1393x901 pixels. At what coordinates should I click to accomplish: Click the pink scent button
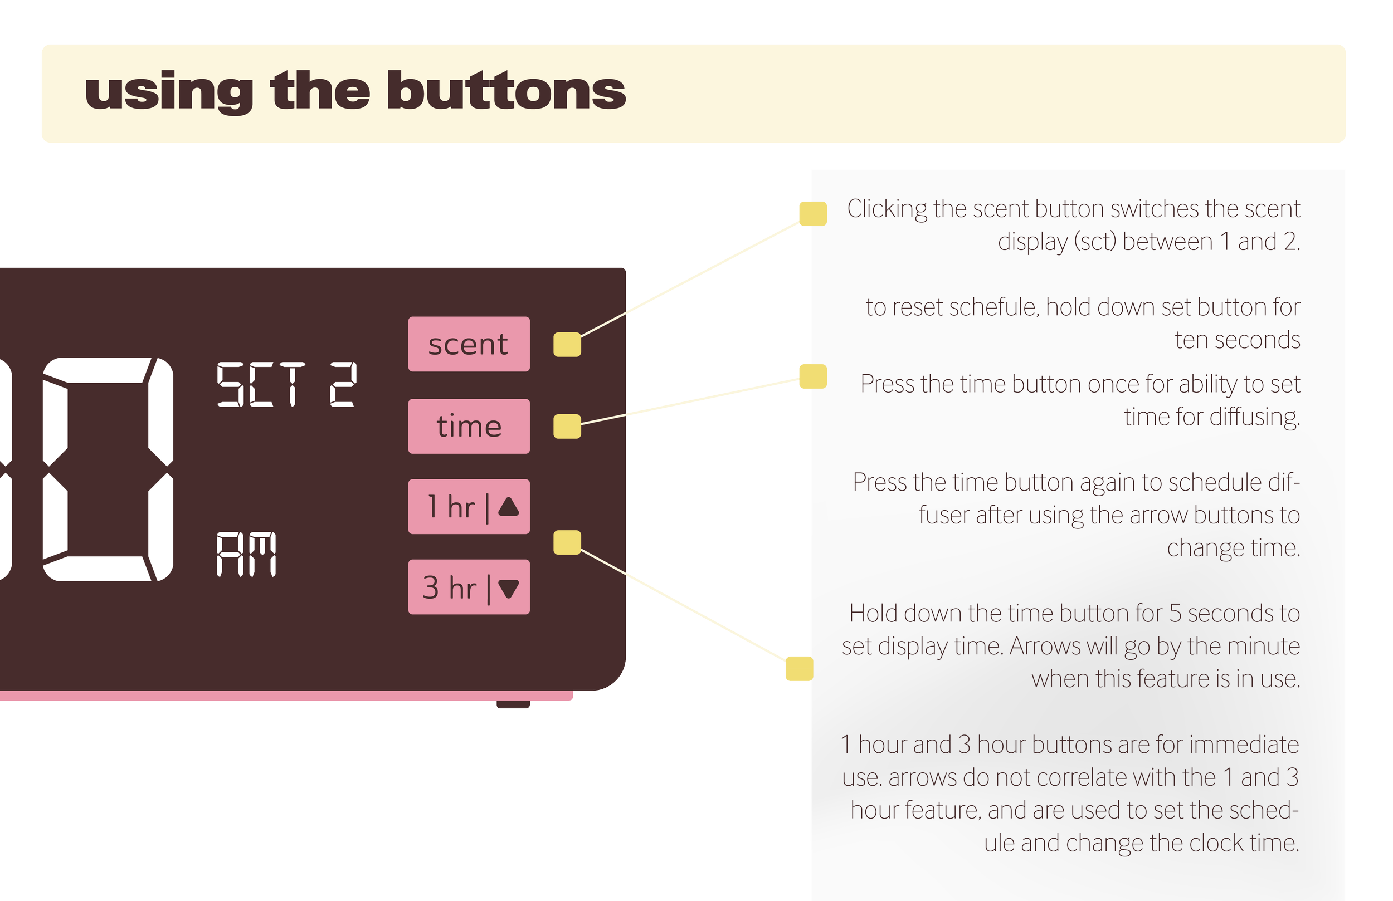[469, 344]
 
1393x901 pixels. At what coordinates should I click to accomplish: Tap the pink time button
[469, 426]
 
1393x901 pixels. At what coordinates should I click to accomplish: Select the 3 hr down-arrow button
[469, 587]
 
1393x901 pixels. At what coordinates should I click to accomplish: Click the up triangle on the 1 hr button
[508, 506]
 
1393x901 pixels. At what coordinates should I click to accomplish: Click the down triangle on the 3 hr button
[508, 588]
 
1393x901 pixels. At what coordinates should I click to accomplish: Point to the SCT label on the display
[261, 384]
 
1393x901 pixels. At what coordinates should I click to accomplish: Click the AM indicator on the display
[246, 554]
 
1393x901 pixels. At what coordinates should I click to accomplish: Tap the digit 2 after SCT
[342, 384]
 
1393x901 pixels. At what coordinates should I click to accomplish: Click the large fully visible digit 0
[108, 469]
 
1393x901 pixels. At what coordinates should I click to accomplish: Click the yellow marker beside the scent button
[567, 344]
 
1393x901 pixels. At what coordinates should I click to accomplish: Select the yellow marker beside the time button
[567, 426]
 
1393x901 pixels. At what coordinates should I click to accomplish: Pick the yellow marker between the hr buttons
[567, 542]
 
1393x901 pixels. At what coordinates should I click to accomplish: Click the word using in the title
[169, 92]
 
